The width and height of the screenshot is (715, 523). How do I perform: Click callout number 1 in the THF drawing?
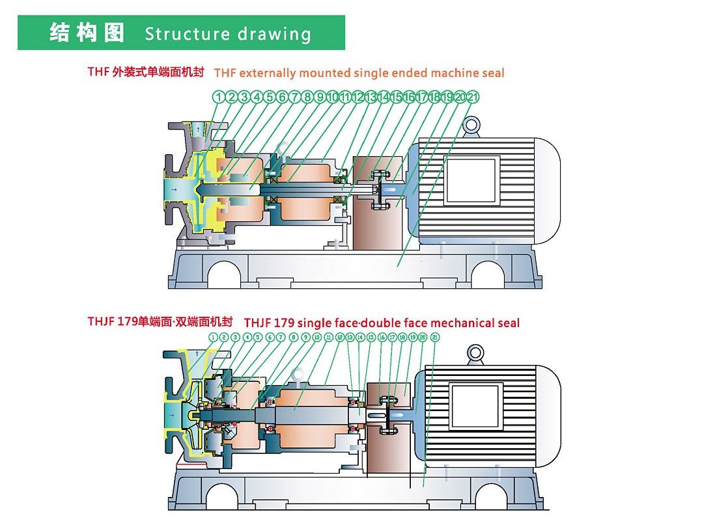pos(219,98)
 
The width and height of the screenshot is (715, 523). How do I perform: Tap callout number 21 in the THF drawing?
pos(473,98)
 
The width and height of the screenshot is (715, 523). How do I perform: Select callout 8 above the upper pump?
pos(307,98)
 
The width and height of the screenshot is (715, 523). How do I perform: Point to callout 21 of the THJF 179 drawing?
pos(435,338)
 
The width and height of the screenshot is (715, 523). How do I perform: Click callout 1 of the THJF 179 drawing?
pos(213,338)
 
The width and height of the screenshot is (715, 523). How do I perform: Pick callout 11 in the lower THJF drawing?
pos(328,338)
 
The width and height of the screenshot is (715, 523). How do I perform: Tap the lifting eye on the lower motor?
pos(477,353)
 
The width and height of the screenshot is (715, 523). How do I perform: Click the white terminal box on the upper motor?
pos(472,180)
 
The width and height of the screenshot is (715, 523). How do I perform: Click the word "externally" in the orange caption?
pos(267,73)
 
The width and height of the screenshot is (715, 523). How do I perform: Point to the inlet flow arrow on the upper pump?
pos(175,190)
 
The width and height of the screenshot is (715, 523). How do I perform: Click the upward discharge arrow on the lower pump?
pos(179,353)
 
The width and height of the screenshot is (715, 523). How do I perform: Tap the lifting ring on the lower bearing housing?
pos(300,375)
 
